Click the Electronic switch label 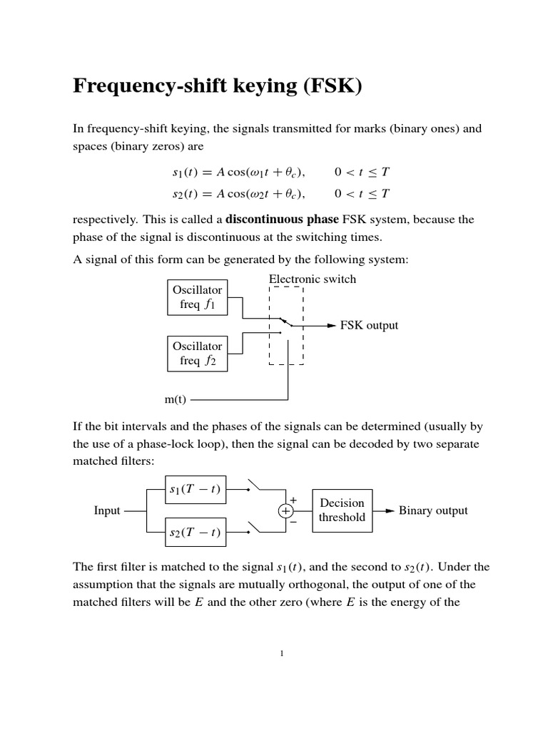tap(312, 279)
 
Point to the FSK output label tap(369, 326)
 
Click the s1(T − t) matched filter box tap(196, 488)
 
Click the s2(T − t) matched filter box tap(196, 533)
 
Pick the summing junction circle tap(285, 511)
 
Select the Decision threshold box tap(342, 510)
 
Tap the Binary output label tap(433, 510)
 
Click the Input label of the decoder tap(107, 510)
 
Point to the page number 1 tap(283, 655)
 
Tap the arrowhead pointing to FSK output tap(331, 326)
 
